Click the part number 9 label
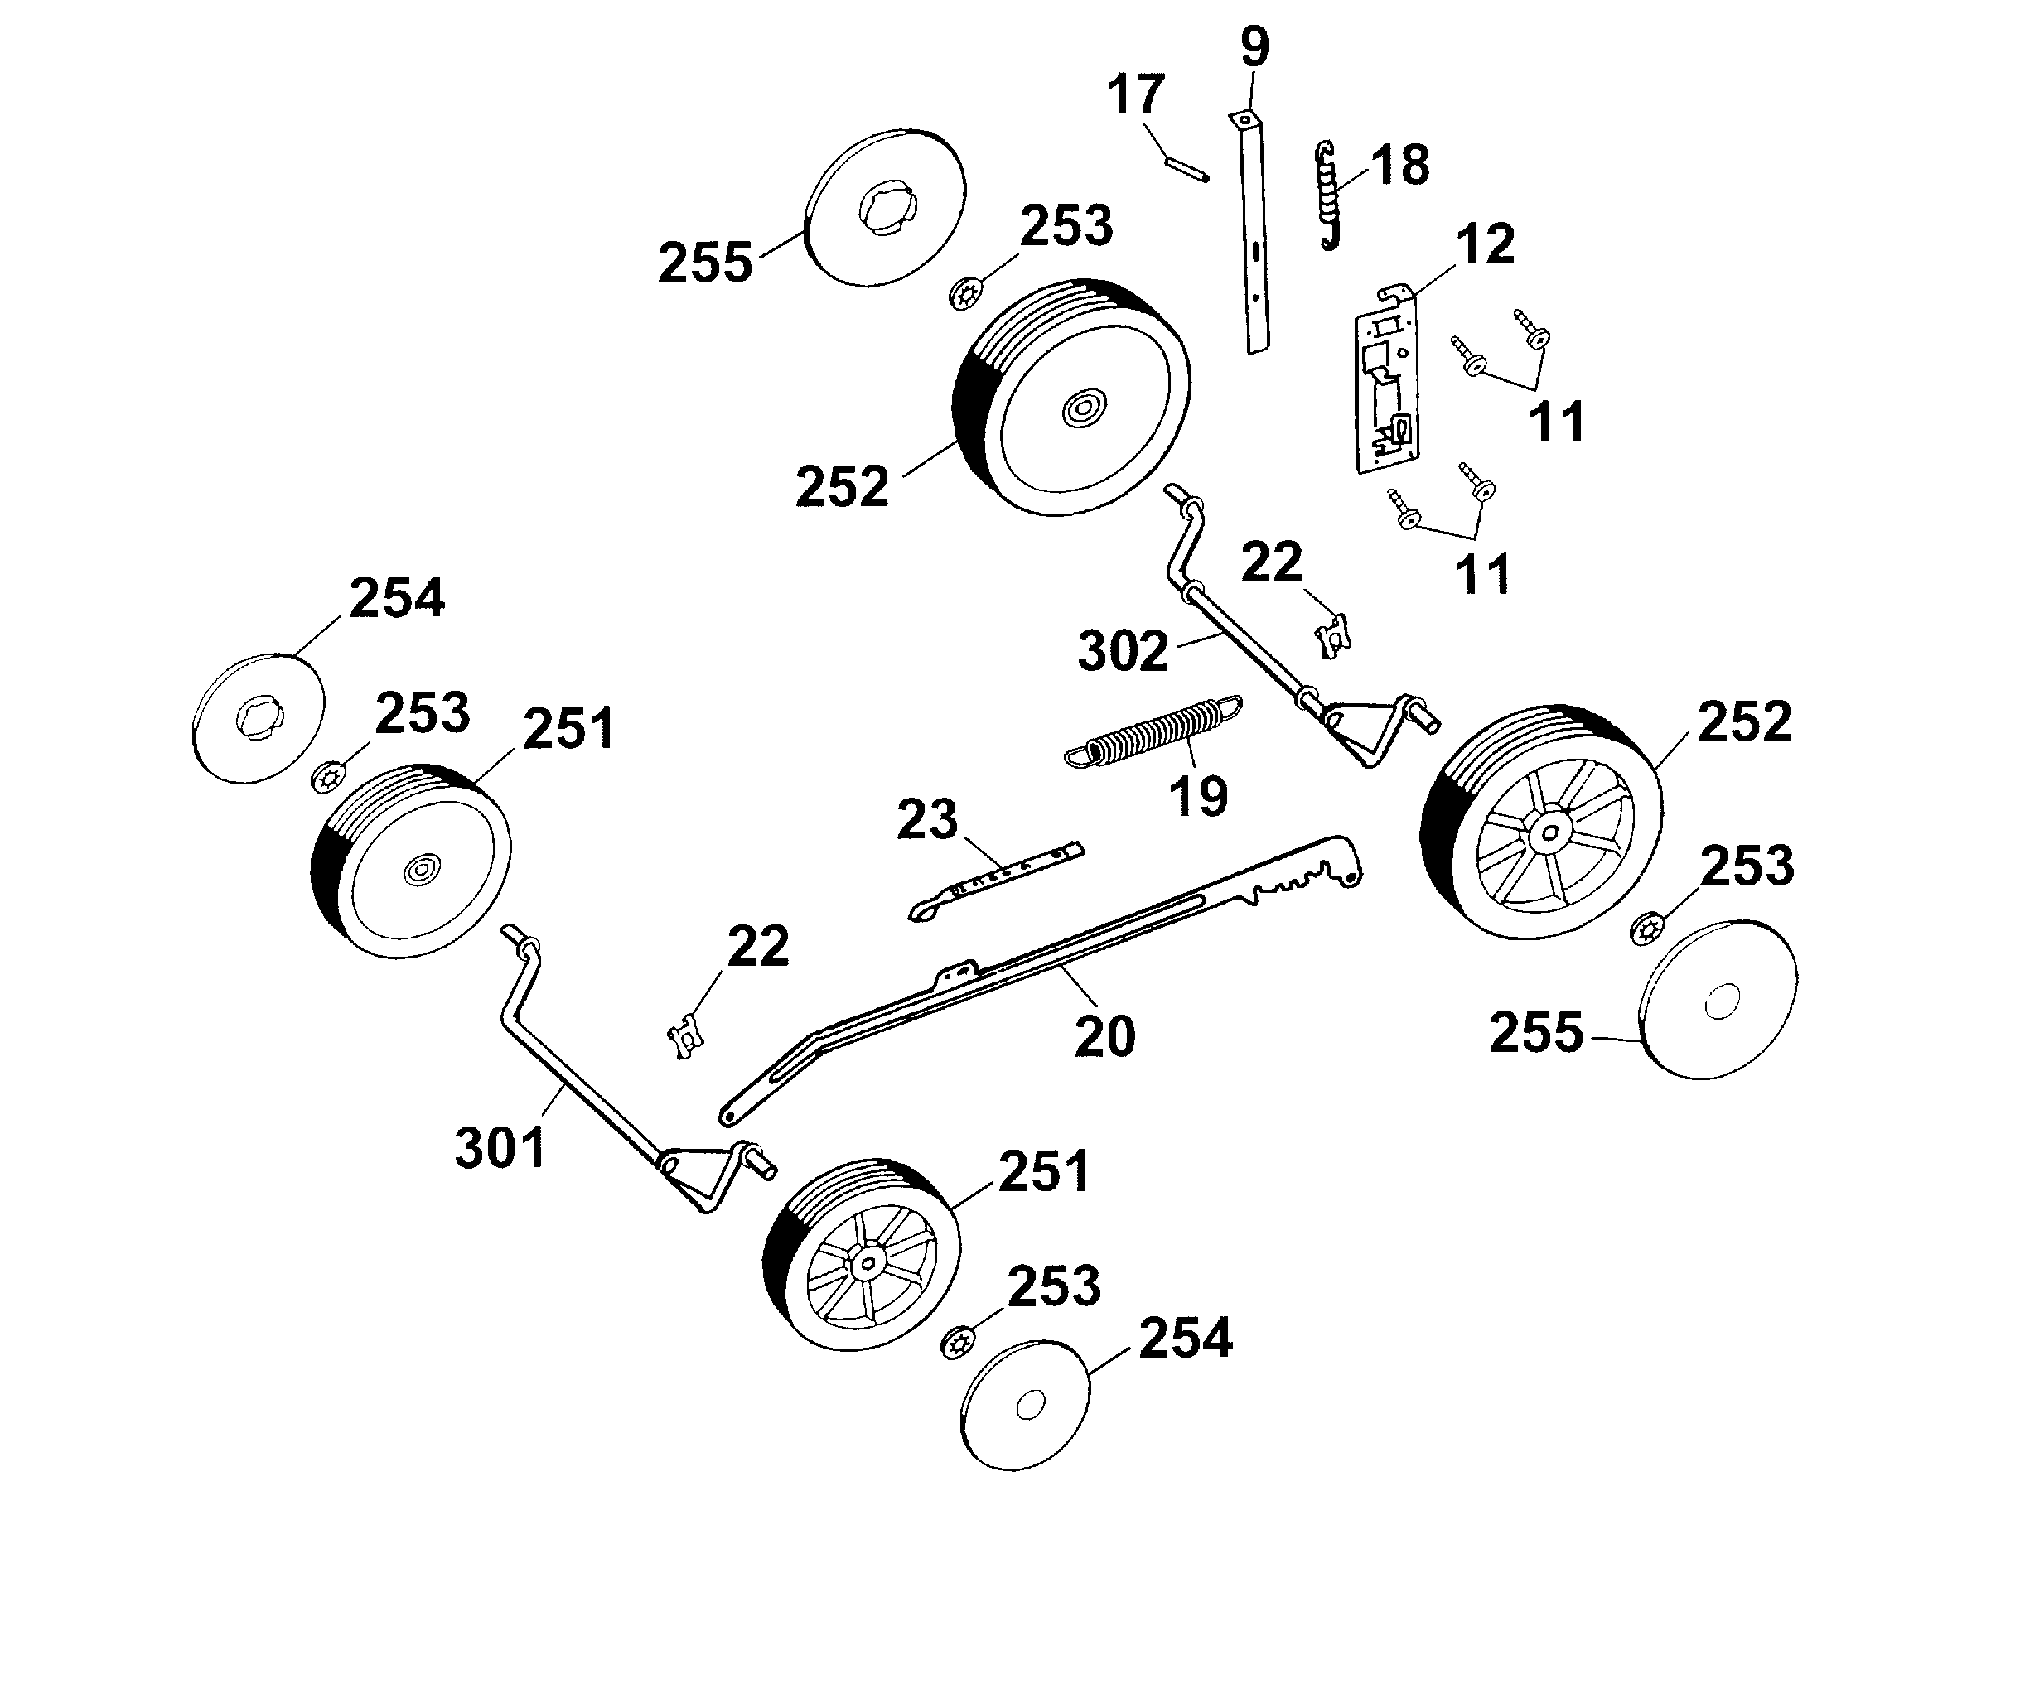click(1254, 46)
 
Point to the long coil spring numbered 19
click(1152, 732)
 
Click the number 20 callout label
click(1104, 1036)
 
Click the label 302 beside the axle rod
click(1123, 652)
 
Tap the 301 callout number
click(500, 1148)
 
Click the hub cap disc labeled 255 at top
click(885, 207)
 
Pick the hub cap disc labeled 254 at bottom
click(1026, 1404)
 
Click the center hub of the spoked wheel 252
click(1550, 831)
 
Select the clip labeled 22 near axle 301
click(686, 1037)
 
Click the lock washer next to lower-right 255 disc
click(1645, 930)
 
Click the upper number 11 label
click(1556, 422)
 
